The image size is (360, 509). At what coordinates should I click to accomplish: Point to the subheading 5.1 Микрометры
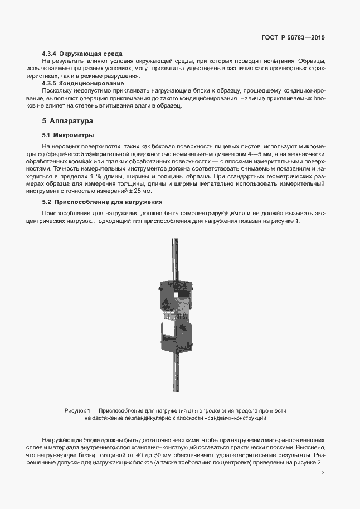pos(68,135)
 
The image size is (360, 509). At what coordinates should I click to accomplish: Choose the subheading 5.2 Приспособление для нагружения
pos(102,201)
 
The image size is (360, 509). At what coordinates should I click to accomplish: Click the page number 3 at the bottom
pos(323,474)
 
